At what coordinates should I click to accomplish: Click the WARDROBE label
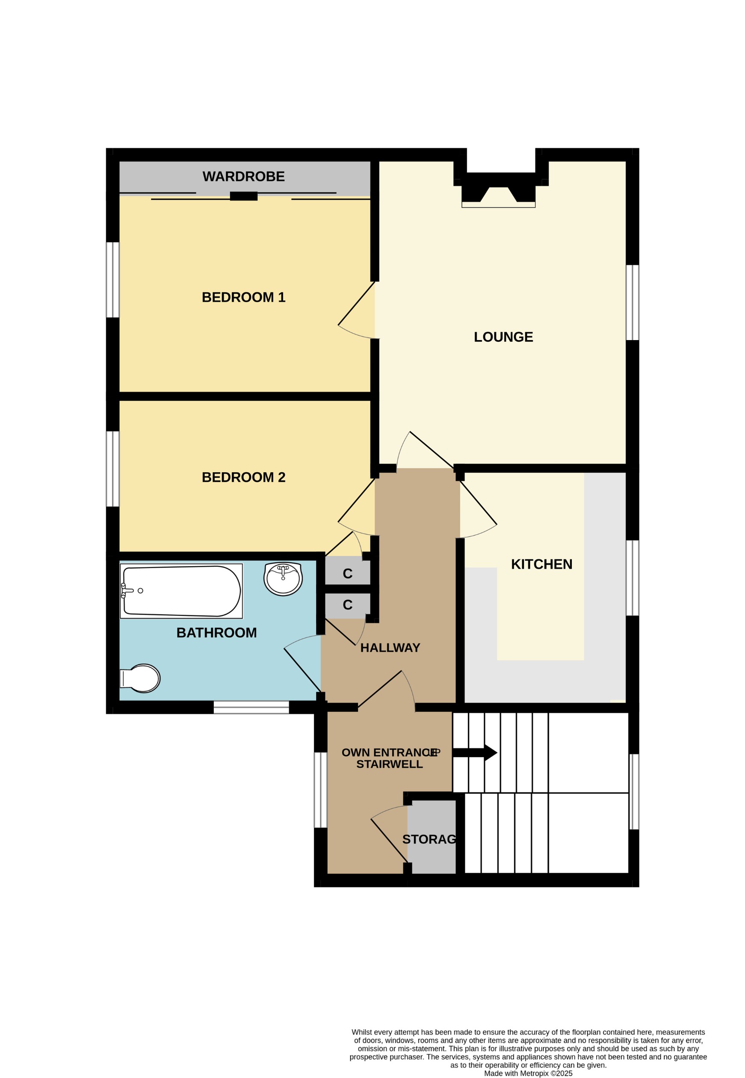click(x=243, y=177)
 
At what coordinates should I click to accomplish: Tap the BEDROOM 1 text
click(x=243, y=297)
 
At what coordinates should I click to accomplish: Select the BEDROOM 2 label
click(x=243, y=477)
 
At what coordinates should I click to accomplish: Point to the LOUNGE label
click(x=503, y=337)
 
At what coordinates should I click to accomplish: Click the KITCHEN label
click(x=541, y=564)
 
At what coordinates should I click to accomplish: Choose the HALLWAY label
click(x=390, y=648)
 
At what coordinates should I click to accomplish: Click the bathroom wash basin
click(x=283, y=579)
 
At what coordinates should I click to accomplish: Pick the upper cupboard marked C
click(x=347, y=573)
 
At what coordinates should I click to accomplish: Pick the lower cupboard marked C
click(x=347, y=605)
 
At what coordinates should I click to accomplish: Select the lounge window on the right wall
click(x=632, y=302)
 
